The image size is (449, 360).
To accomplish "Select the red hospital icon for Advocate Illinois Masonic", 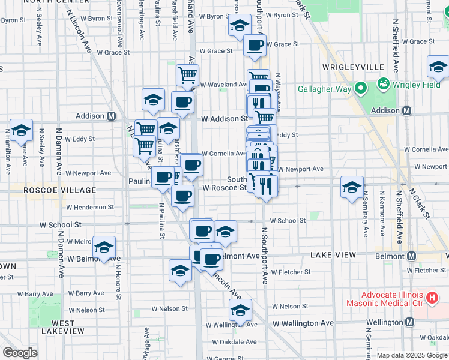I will click(430, 297).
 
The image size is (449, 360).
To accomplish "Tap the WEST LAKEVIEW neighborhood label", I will click(59, 327).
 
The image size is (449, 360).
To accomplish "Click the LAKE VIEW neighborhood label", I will click(333, 256).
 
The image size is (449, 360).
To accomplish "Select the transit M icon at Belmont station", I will click(411, 256).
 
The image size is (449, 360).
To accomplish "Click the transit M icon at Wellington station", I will click(409, 322).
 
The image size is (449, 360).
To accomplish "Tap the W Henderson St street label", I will click(90, 207).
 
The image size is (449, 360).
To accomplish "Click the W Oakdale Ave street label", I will click(235, 342).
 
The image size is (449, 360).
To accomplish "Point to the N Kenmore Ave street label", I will click(381, 214).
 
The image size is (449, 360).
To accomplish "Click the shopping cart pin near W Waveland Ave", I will click(187, 76).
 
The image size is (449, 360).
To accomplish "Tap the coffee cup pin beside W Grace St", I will click(255, 45).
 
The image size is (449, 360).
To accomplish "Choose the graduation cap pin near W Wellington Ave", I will click(240, 311).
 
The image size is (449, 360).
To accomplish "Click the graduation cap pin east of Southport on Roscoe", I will click(352, 187).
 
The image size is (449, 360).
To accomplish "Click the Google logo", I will click(20, 353).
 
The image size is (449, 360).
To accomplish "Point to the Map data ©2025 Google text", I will click(411, 355).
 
